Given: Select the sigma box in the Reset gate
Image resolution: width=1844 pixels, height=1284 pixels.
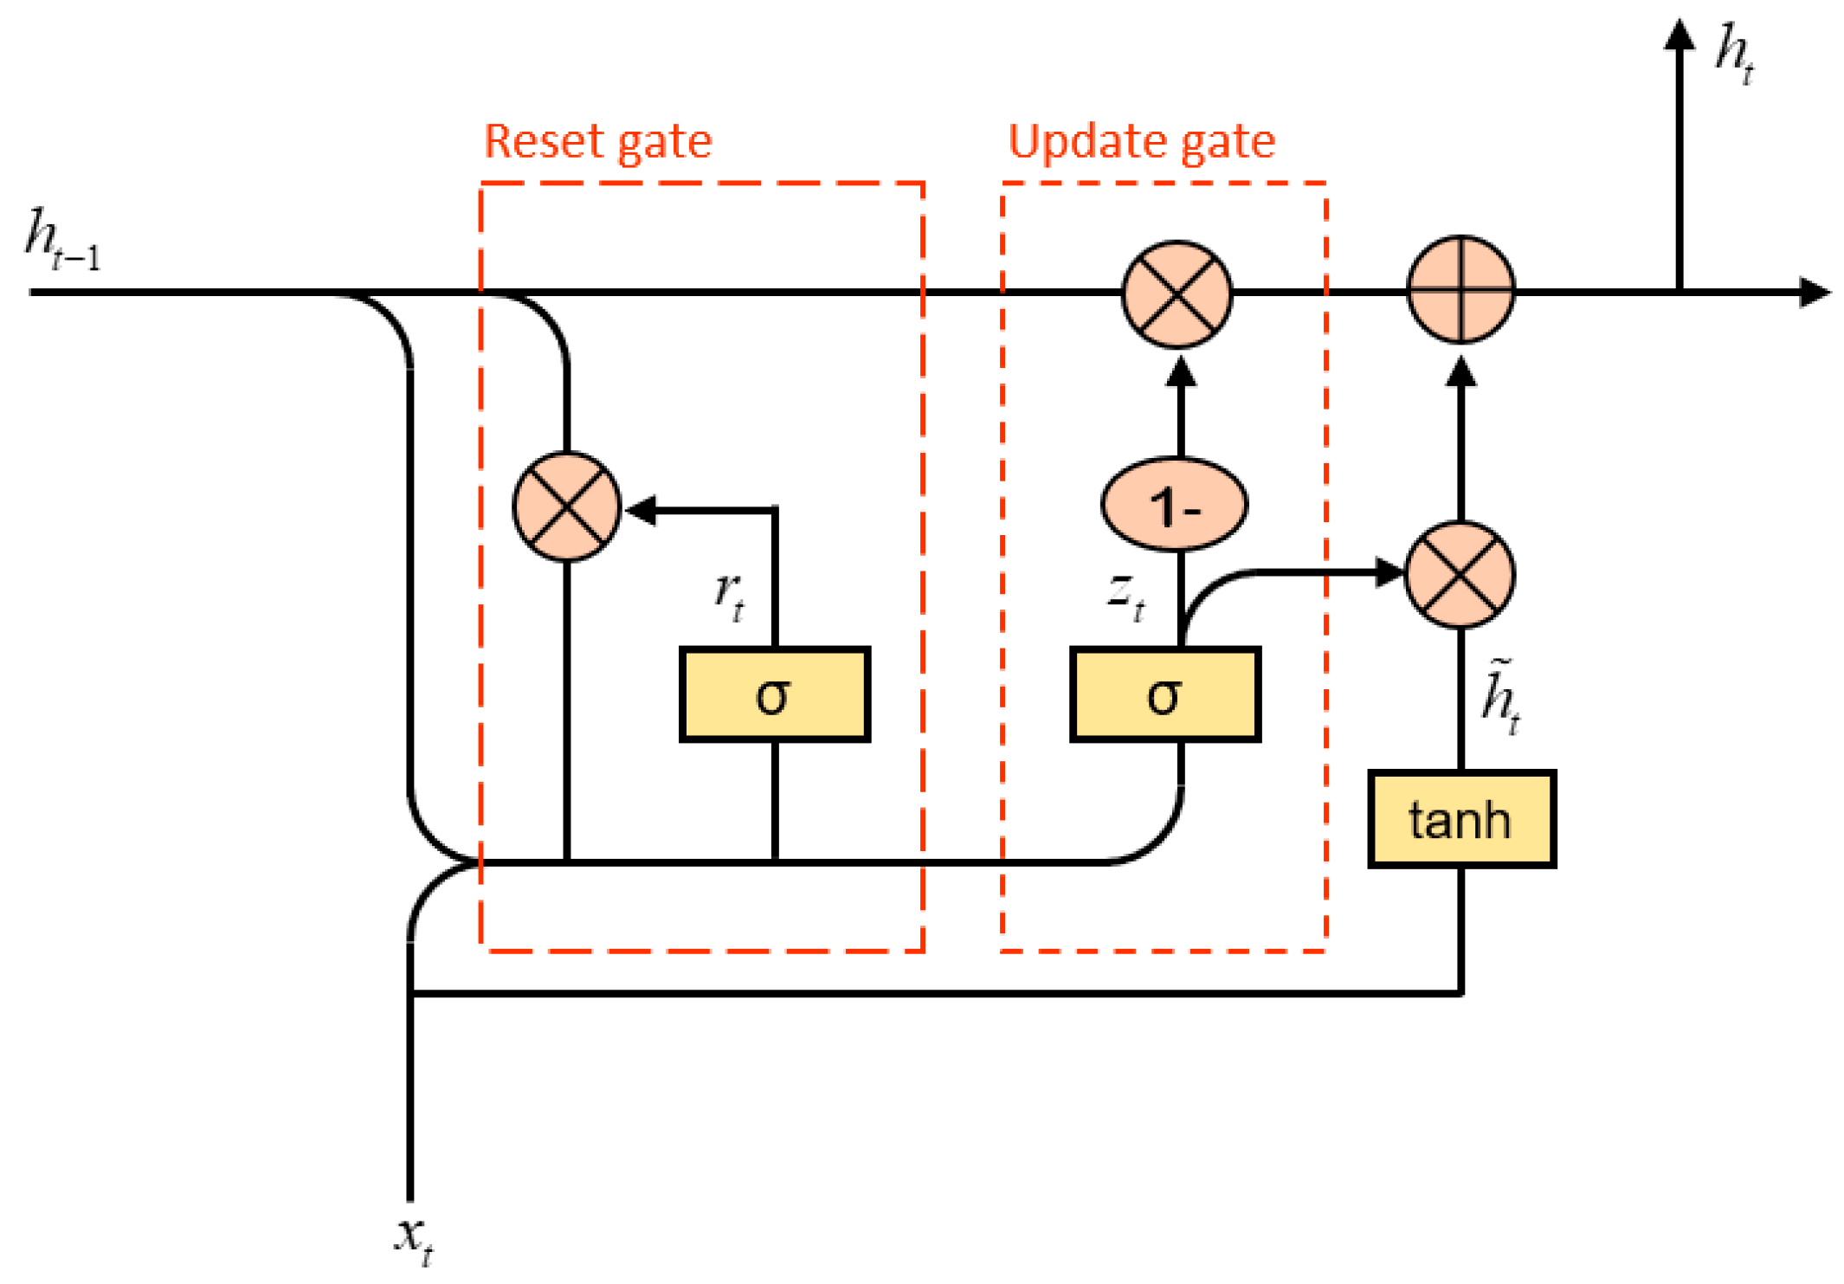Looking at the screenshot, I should [774, 694].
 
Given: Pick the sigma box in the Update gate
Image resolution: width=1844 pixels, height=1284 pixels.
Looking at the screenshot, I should [1164, 694].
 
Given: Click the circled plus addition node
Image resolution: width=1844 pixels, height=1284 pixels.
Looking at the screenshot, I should [1460, 290].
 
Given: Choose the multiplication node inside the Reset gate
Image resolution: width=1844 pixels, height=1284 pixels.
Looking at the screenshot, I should [566, 507].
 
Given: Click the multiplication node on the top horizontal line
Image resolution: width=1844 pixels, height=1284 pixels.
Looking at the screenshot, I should [1177, 294].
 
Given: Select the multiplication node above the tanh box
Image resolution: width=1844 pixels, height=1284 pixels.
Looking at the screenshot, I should [1459, 574].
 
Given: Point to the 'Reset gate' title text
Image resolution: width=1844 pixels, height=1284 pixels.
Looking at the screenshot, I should [597, 141].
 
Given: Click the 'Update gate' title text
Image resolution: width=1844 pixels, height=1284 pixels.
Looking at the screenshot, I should [1141, 141].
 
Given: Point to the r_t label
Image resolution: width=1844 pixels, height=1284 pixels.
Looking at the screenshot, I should [729, 596].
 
